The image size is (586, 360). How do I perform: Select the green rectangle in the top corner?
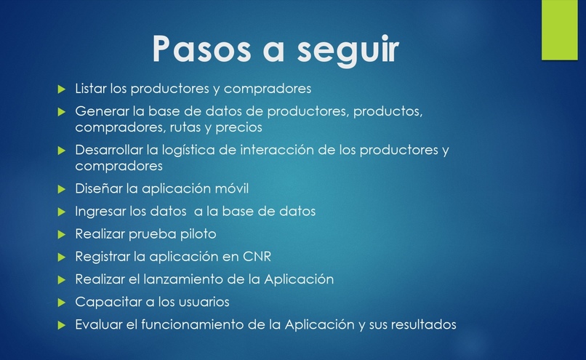563,30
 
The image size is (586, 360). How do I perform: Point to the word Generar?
99,113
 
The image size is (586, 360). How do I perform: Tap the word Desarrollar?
108,151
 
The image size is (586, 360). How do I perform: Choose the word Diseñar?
97,188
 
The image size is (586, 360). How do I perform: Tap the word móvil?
228,188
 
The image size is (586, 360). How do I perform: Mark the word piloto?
197,234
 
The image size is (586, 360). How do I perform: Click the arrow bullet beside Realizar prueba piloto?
62,234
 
